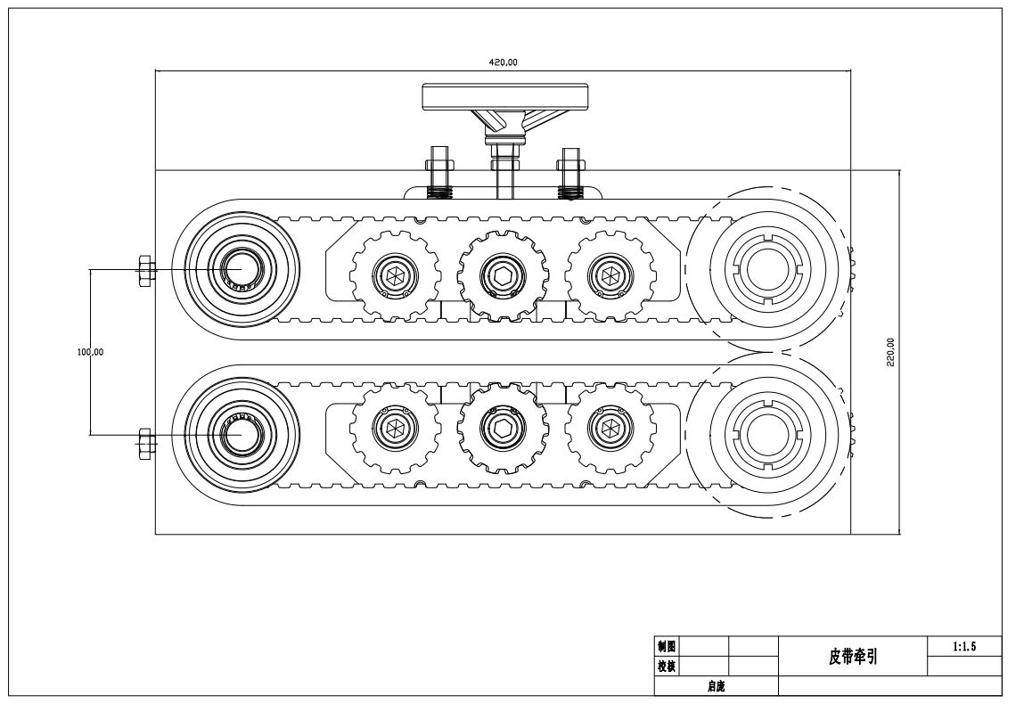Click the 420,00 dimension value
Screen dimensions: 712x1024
[503, 62]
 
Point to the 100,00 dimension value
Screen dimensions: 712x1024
[91, 352]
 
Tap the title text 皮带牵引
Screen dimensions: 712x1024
[853, 657]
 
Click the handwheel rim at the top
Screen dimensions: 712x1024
[506, 95]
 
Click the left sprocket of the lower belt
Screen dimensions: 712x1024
[393, 429]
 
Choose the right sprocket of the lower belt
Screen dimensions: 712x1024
[610, 429]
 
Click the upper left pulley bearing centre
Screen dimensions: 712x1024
[238, 268]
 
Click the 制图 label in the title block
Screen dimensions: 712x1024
[666, 646]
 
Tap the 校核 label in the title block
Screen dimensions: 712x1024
[666, 665]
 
